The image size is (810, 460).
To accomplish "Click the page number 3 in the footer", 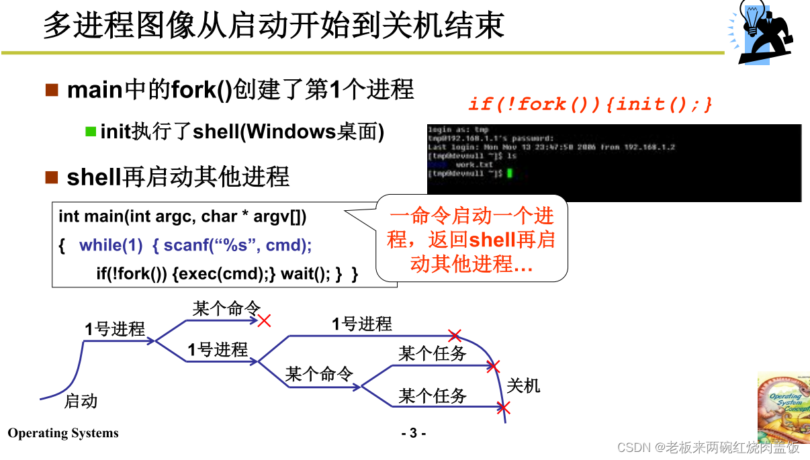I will (414, 433).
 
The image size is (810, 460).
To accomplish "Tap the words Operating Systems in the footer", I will (63, 433).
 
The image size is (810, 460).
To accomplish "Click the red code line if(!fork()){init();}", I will (590, 104).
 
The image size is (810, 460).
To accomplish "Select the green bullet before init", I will (91, 131).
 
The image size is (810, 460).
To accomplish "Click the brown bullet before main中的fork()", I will (52, 90).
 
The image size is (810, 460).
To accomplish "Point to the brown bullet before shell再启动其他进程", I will (52, 177).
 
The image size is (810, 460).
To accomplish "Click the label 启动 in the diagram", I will (81, 401).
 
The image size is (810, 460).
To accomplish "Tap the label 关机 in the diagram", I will (523, 385).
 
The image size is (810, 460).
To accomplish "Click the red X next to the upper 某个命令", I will (264, 320).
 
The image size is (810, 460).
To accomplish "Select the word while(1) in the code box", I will (111, 245).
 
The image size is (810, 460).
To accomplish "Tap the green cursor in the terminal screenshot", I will (510, 173).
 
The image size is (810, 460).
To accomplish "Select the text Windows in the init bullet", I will (290, 132).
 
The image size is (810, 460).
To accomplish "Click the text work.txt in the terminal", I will (474, 165).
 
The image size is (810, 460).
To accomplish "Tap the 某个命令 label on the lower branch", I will (319, 374).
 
